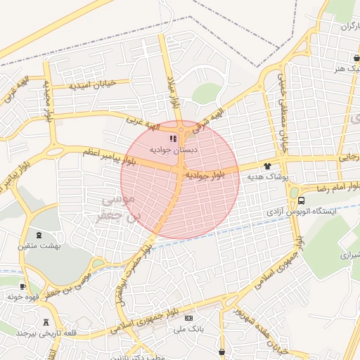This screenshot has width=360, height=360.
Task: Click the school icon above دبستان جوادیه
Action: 174,139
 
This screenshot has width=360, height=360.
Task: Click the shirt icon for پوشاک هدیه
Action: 267,167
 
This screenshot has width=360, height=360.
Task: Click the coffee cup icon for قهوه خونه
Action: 22,286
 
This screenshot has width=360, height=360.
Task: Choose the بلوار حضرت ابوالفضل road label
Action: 134,261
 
